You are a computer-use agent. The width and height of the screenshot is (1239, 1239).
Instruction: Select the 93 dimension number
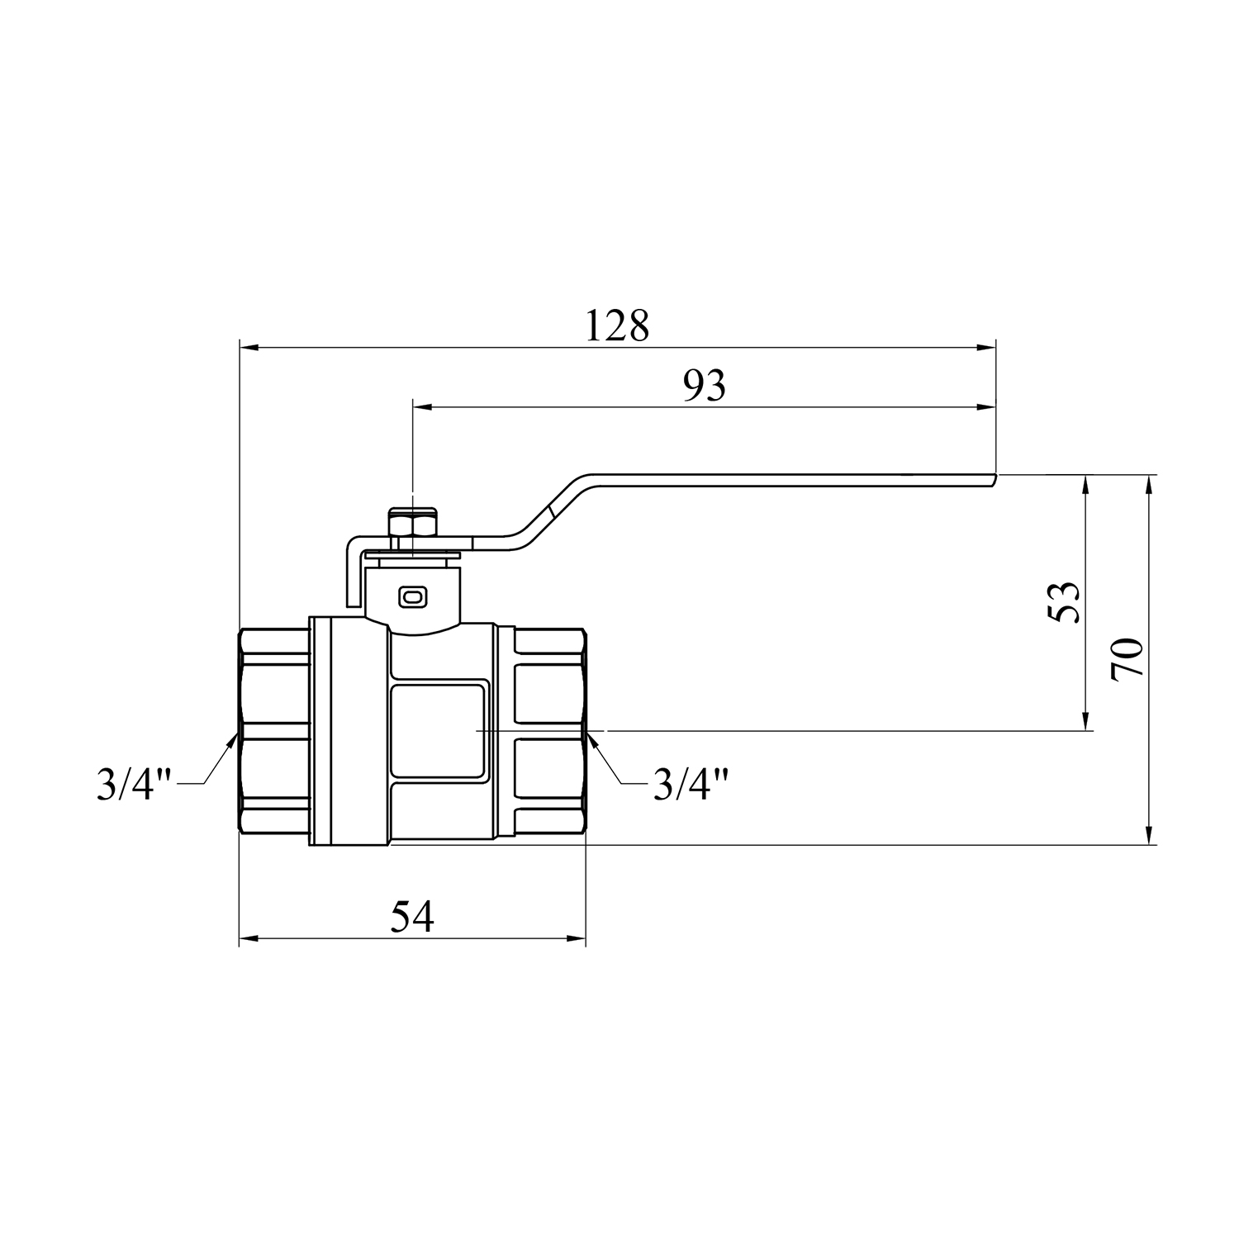pyautogui.click(x=705, y=385)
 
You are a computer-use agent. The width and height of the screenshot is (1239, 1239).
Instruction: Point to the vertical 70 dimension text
pyautogui.click(x=1127, y=659)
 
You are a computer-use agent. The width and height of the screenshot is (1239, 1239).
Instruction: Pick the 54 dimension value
pyautogui.click(x=412, y=917)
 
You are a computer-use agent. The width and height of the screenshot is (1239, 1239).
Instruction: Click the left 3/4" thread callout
pyautogui.click(x=134, y=784)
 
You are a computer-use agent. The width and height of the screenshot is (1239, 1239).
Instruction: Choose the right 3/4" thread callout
pyautogui.click(x=691, y=784)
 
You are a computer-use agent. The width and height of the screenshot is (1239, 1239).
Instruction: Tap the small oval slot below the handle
pyautogui.click(x=411, y=596)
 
